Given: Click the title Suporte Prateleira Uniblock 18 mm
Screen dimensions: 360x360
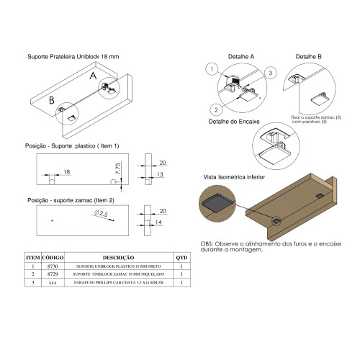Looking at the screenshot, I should point(73,56).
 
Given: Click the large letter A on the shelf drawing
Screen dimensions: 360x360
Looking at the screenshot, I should point(92,74).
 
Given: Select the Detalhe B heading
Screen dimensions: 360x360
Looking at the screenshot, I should point(309,55).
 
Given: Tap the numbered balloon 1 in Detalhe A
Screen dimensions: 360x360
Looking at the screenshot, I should point(211,69).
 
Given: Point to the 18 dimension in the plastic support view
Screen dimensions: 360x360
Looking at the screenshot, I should point(66,172).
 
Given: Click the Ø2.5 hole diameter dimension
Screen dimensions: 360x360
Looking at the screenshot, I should point(99,215).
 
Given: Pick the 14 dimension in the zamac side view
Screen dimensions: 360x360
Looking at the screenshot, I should point(158,223).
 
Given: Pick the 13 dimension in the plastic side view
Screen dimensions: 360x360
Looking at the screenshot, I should point(158,174).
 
